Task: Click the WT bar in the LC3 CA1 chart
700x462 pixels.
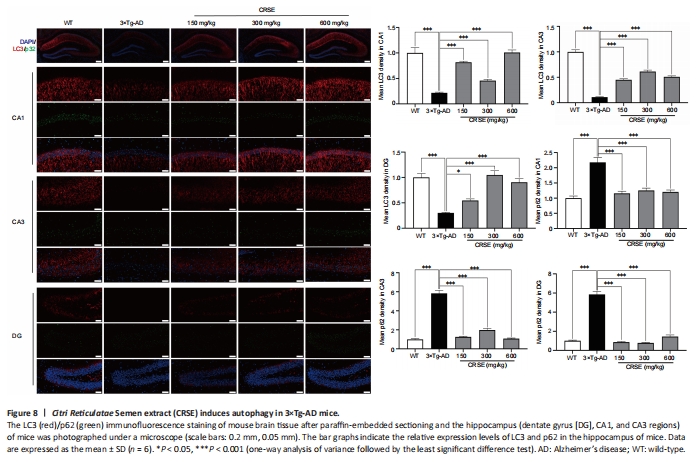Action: point(414,78)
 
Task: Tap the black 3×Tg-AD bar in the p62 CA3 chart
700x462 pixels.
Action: point(437,318)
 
